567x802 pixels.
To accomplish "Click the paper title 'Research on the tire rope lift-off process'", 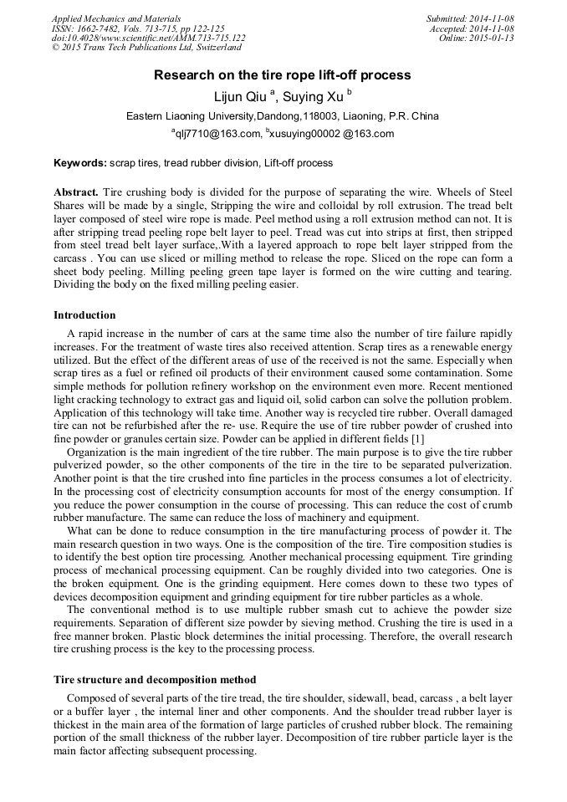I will point(283,75).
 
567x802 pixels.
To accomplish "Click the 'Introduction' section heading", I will point(84,315).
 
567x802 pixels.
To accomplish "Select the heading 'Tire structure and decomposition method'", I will point(155,679).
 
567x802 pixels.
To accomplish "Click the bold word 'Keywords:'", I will point(80,163).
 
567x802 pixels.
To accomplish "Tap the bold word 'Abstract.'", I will point(76,192).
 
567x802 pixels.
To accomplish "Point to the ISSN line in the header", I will point(138,28).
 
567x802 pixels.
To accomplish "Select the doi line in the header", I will point(148,38).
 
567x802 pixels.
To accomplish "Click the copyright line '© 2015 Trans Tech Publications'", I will point(146,48).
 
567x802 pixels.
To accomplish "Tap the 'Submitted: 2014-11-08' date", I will point(470,18).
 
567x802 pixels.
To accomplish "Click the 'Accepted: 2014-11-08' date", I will point(472,28).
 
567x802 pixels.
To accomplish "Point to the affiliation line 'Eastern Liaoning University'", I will point(282,116).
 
